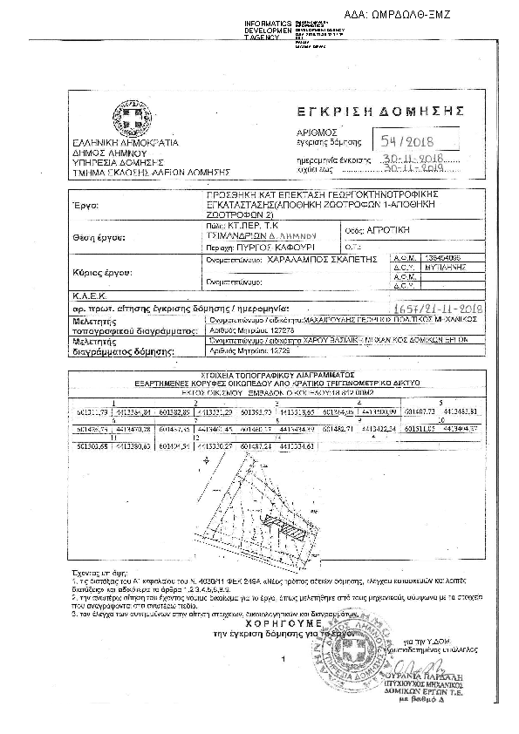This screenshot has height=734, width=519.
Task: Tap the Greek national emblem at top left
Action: click(117, 114)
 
